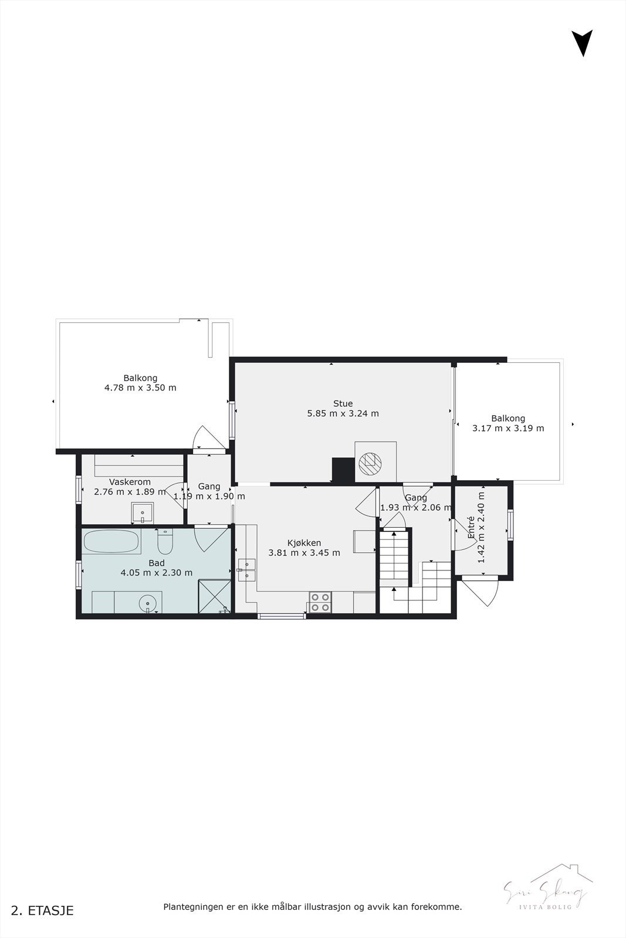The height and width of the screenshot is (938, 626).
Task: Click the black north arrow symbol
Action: pos(582,42)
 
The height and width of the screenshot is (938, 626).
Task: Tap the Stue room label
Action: pos(343,403)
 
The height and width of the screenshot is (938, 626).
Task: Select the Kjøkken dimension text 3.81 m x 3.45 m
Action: pos(304,553)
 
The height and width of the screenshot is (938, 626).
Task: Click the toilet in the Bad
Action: pos(165,542)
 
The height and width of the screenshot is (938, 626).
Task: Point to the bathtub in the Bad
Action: pos(111,542)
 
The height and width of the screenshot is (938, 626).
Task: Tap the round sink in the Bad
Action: pos(147,602)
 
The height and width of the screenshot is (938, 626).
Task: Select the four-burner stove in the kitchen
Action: pos(320,602)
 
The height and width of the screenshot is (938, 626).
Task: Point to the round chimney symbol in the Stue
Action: pos(370,463)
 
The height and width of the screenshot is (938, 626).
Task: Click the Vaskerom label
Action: pos(130,482)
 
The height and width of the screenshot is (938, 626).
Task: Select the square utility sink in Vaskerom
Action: pos(142,513)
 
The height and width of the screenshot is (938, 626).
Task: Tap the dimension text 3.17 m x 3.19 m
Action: pos(508,429)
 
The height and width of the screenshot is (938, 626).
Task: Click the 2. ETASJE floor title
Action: pos(42,910)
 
